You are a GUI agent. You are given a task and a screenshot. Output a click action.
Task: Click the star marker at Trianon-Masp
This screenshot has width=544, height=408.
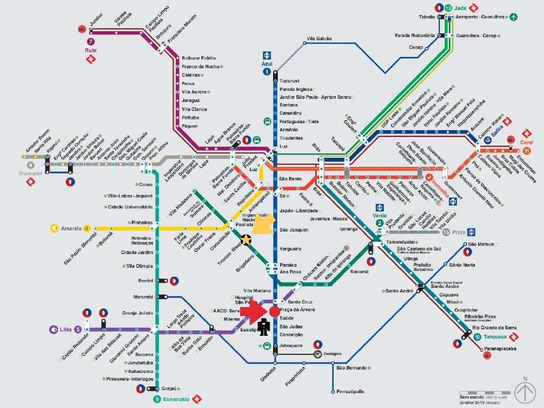pos(246,240)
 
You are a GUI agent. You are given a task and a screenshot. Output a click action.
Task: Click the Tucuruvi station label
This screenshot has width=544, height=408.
pos(290,81)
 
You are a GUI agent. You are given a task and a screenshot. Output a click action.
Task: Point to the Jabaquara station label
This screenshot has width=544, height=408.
pos(291,345)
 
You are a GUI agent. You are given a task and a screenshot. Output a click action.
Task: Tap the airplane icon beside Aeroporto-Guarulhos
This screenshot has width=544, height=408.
pos(513,17)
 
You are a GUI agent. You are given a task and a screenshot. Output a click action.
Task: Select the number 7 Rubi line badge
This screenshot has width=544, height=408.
pos(91,41)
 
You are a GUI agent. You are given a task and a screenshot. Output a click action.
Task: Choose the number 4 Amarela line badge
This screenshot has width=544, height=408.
pos(87,228)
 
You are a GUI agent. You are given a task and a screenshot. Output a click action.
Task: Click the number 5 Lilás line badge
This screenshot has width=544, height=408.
pos(78,329)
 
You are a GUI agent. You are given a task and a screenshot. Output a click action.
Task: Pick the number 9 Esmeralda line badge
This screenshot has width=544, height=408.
pos(157,399)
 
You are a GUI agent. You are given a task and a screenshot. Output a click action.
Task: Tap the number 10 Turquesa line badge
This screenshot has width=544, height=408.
pos(477,337)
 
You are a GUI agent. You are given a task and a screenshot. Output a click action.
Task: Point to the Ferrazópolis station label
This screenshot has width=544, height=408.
pos(351,392)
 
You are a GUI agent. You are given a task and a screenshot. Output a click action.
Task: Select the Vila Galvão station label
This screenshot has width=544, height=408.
pos(319,39)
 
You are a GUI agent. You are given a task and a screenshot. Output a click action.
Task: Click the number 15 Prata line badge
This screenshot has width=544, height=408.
pos(446,232)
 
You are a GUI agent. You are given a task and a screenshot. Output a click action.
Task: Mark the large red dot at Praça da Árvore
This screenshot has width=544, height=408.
pos(274,311)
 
